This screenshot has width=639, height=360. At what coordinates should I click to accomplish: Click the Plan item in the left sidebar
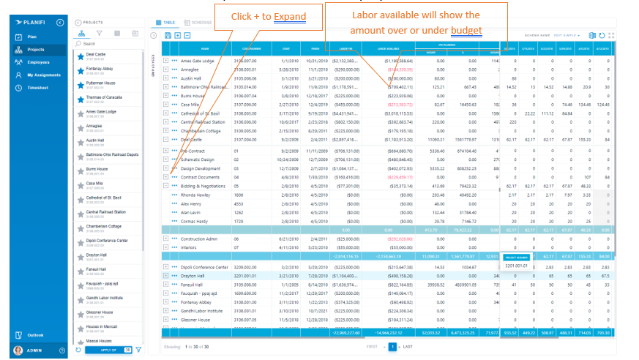pyautogui.click(x=31, y=37)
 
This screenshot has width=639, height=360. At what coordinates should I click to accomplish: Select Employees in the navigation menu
pyautogui.click(x=38, y=62)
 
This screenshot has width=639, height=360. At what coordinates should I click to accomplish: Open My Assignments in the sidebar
pyautogui.click(x=43, y=75)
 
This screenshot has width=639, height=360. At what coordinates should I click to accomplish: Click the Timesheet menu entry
pyautogui.click(x=39, y=88)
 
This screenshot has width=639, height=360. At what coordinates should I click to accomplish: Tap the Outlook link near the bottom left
pyautogui.click(x=35, y=335)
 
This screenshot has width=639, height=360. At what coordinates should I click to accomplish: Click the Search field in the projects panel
pyautogui.click(x=111, y=44)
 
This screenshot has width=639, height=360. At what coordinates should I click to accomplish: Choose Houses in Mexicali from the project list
pyautogui.click(x=100, y=326)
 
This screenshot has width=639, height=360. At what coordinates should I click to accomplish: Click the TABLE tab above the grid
pyautogui.click(x=169, y=23)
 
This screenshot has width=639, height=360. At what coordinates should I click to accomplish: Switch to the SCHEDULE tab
pyautogui.click(x=201, y=23)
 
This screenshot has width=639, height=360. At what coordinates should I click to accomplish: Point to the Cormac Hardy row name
pyautogui.click(x=194, y=221)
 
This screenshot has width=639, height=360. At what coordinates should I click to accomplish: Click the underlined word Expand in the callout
pyautogui.click(x=291, y=16)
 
